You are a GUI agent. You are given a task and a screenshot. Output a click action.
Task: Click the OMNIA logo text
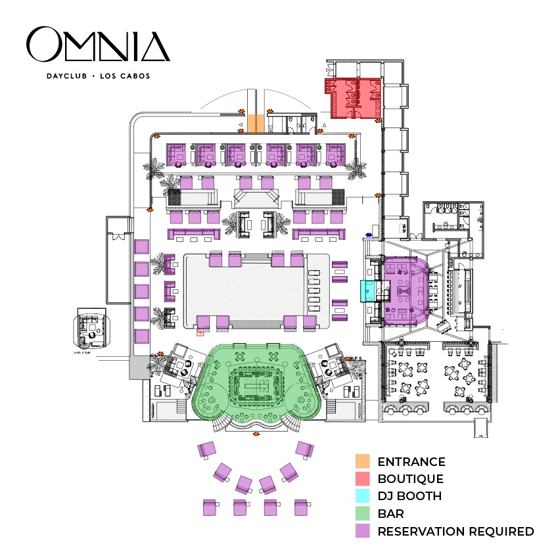[98, 45]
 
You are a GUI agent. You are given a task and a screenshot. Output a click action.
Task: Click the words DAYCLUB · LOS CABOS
[98, 76]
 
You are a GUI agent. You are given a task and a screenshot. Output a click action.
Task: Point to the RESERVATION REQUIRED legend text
[455, 532]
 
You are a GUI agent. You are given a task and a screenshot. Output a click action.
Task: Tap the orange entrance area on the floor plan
[256, 123]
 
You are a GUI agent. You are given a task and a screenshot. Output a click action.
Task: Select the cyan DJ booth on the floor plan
[367, 290]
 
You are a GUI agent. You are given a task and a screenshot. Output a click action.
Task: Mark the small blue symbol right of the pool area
[369, 234]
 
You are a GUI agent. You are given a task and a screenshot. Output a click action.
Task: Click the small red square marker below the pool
[200, 333]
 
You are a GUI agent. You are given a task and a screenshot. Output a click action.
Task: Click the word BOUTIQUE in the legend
[410, 479]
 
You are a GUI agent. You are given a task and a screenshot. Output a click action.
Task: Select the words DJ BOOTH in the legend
[409, 496]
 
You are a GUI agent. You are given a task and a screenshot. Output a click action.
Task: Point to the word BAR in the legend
[390, 514]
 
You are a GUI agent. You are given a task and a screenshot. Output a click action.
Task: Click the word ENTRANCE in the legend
[411, 462]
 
